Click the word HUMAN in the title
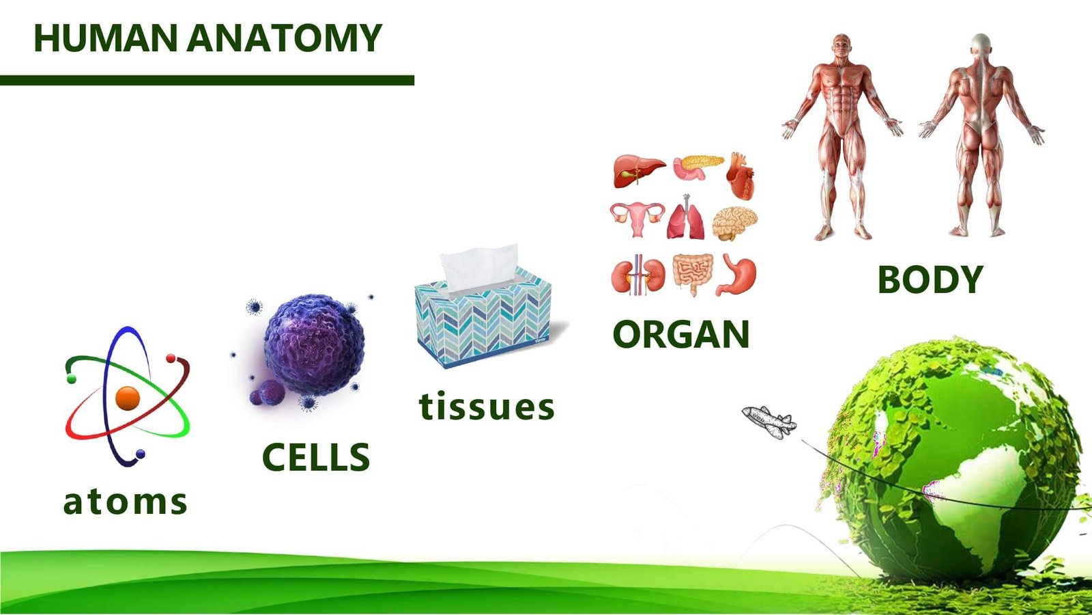point(105,38)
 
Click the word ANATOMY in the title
point(284,38)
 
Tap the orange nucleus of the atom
point(128,398)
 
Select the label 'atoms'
point(126,502)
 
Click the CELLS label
point(316,457)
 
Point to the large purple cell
point(314,344)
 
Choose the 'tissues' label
point(487,406)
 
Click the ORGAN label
point(681,334)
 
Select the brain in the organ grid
point(734,223)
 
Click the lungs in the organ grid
point(686,217)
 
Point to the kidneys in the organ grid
point(638,275)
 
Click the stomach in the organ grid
point(736,275)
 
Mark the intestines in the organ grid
point(692,273)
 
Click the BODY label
point(930,279)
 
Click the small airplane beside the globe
point(769,422)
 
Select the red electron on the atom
point(171,358)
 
